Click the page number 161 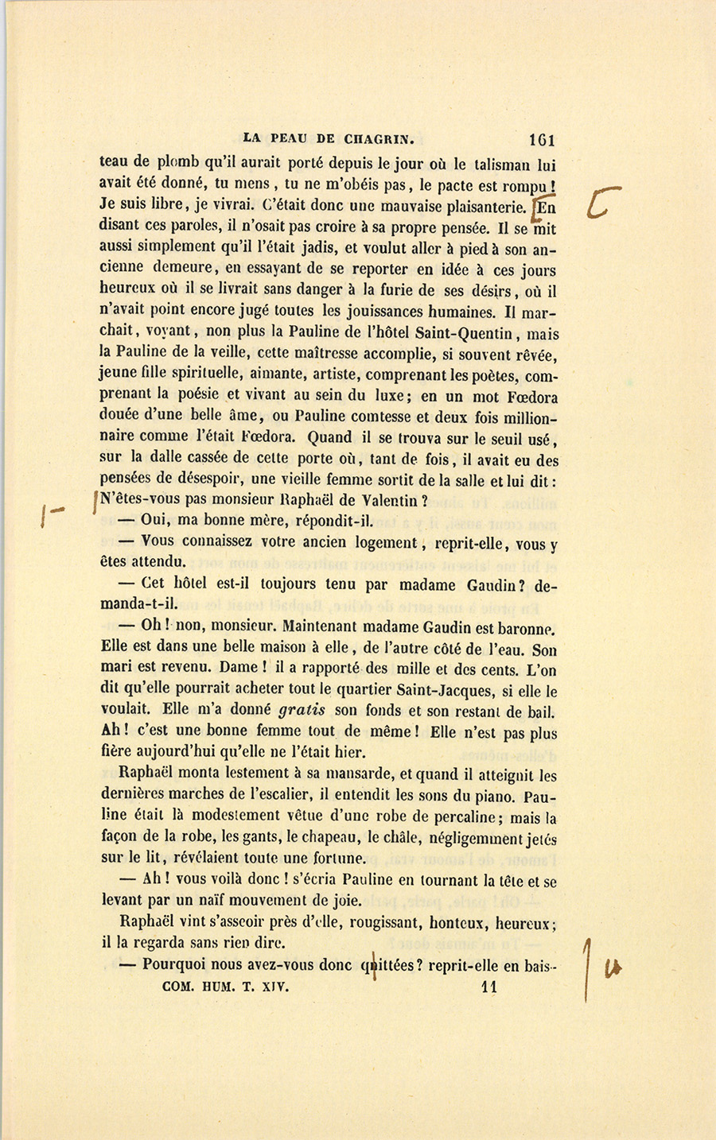540,138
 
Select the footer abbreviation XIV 271,987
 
